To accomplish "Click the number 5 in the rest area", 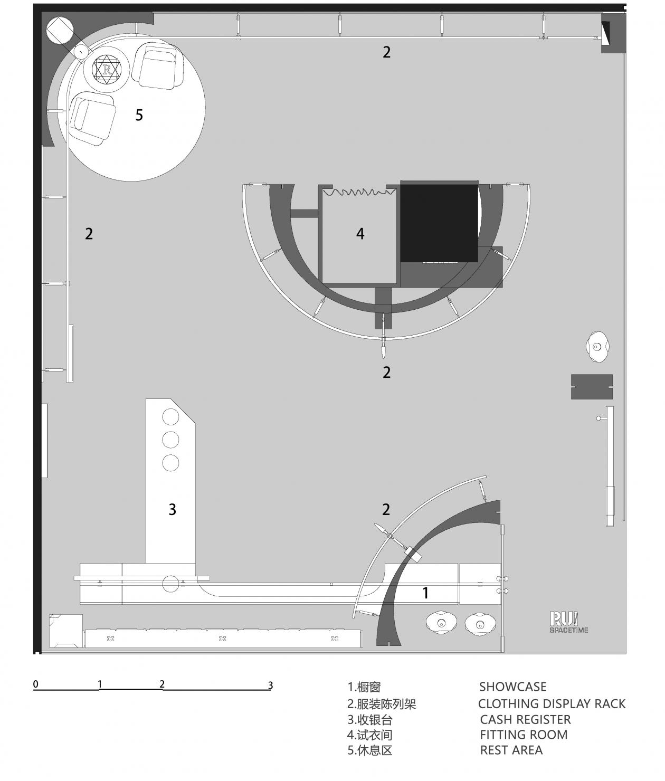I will [x=139, y=115].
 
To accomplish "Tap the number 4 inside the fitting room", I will [x=360, y=233].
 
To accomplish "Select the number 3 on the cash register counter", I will [x=172, y=509].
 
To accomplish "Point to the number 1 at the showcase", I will [x=425, y=593].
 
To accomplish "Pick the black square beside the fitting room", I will [x=439, y=222].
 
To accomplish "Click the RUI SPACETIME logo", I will [x=568, y=622].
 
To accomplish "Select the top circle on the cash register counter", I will [x=170, y=417].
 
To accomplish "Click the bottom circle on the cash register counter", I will [x=170, y=463].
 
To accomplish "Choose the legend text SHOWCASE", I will [x=512, y=687].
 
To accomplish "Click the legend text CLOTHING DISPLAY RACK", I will [x=552, y=703].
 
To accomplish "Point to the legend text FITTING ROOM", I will [x=524, y=735].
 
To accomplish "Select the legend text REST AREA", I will [x=511, y=750].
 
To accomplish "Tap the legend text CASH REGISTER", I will [x=525, y=719].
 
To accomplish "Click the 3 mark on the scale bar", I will [x=270, y=685].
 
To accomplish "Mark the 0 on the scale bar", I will [x=36, y=684].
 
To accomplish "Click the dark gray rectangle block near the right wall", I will [x=592, y=387].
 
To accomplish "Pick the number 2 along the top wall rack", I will [x=386, y=52].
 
